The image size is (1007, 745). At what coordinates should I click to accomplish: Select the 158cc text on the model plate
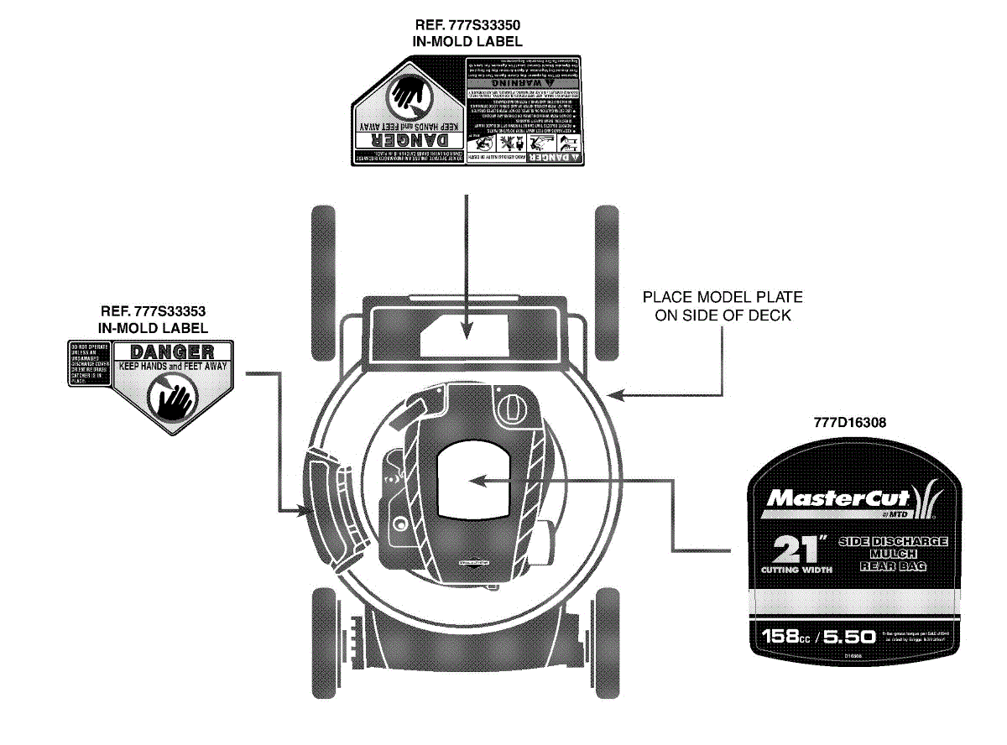[784, 636]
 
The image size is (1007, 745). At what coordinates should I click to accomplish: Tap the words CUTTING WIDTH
[796, 570]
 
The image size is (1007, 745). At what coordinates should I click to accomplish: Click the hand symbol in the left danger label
[173, 394]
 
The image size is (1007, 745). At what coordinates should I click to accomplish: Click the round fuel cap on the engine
[509, 409]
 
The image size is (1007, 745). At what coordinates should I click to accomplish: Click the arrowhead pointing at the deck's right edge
[617, 394]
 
